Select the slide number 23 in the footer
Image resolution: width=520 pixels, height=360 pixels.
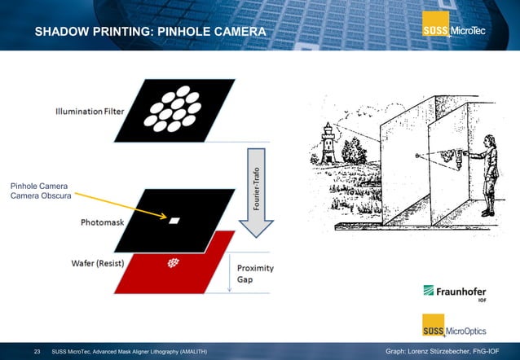tap(37, 351)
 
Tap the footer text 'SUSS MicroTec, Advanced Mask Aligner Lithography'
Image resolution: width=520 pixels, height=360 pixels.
tap(129, 351)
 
